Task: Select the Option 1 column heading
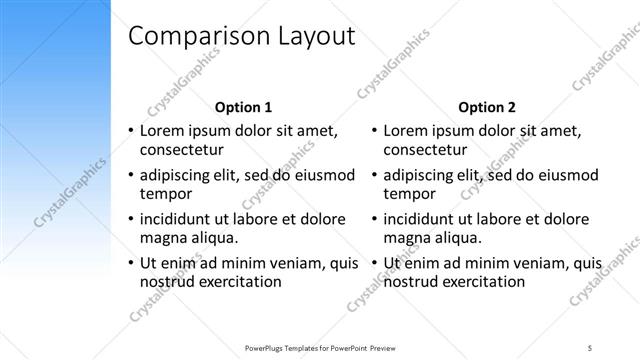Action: (243, 107)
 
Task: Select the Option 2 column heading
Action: (486, 107)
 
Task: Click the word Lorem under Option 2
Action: (407, 130)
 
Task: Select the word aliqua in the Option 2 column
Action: (458, 237)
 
